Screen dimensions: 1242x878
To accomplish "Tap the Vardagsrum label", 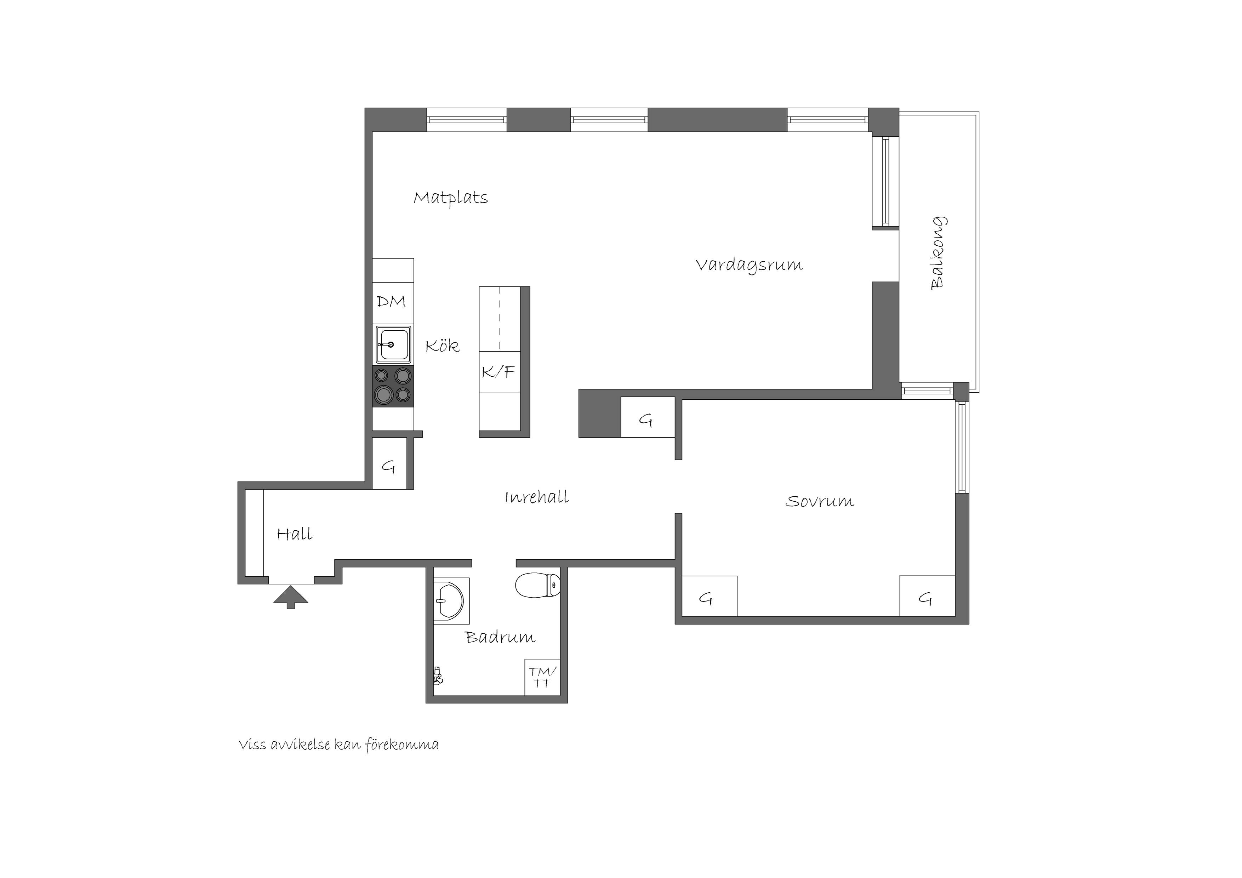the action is pyautogui.click(x=749, y=266).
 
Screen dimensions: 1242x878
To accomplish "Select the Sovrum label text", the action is pyautogui.click(x=820, y=501).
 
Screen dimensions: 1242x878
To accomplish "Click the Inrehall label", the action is pyautogui.click(x=537, y=497).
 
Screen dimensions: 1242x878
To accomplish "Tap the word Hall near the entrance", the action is pyautogui.click(x=295, y=534).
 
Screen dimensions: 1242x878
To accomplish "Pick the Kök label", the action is pyautogui.click(x=443, y=346).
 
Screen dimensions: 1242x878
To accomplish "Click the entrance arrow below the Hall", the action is pyautogui.click(x=290, y=597).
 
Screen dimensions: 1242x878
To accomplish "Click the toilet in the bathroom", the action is pyautogui.click(x=538, y=585).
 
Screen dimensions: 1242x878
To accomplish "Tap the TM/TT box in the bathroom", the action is pyautogui.click(x=542, y=677).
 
